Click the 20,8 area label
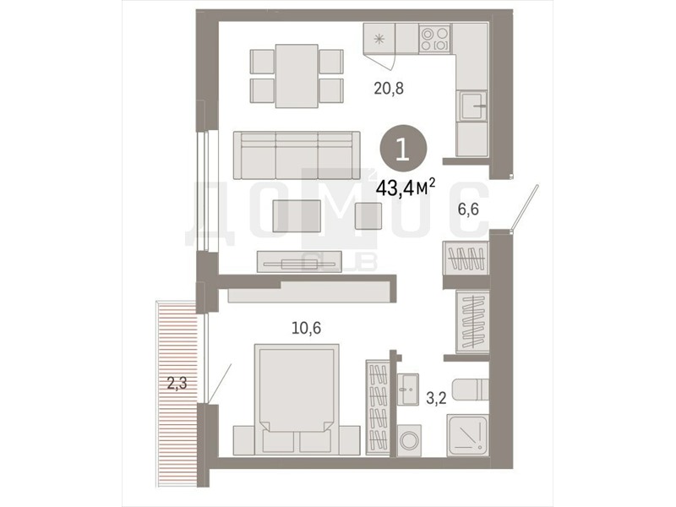[389, 89]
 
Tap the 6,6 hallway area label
[468, 210]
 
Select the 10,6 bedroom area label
[307, 328]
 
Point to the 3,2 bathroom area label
[436, 398]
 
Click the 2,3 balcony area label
[177, 383]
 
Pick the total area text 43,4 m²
[406, 187]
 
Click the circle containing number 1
[403, 150]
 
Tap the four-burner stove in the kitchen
[434, 39]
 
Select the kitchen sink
[473, 106]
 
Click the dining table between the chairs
[297, 76]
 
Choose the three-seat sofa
[297, 155]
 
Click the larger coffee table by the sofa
[297, 215]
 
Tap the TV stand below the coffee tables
[300, 262]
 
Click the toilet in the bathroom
[471, 390]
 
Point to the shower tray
[467, 435]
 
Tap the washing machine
[408, 440]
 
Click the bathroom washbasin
[407, 390]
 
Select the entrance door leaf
[525, 208]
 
